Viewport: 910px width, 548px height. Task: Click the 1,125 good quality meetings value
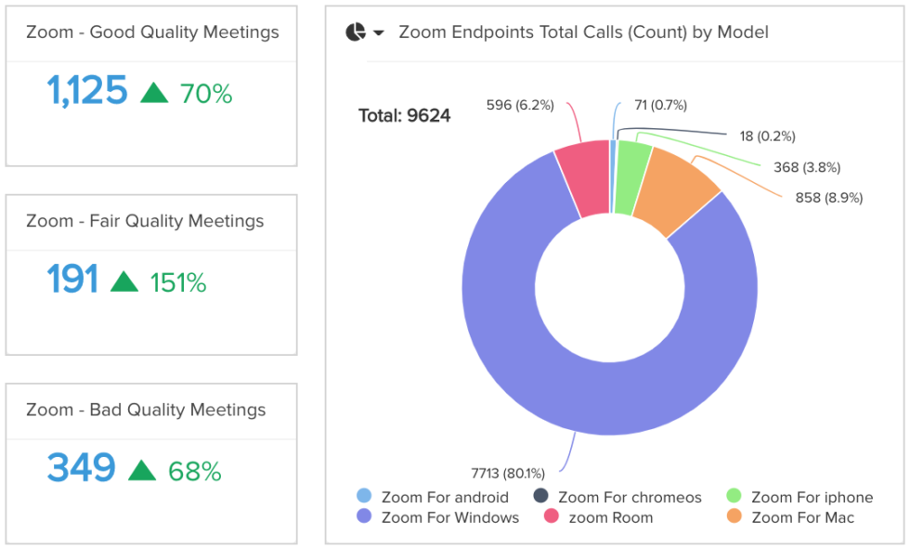pyautogui.click(x=86, y=91)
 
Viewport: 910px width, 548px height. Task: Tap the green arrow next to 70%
pyautogui.click(x=154, y=92)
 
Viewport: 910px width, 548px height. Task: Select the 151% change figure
pyautogui.click(x=177, y=281)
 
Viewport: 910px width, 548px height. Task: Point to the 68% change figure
pyautogui.click(x=195, y=471)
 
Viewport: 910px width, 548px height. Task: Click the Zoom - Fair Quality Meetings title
pyautogui.click(x=145, y=221)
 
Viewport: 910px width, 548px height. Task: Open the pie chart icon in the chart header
pyautogui.click(x=355, y=33)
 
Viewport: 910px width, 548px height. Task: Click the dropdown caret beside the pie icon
pyautogui.click(x=379, y=33)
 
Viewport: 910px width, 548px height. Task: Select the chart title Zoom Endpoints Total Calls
pyautogui.click(x=583, y=33)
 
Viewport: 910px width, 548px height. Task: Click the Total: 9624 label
pyautogui.click(x=405, y=116)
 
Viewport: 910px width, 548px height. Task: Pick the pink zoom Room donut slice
pyautogui.click(x=583, y=180)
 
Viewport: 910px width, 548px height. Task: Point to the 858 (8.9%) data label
pyautogui.click(x=829, y=198)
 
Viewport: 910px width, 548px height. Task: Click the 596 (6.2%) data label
pyautogui.click(x=520, y=105)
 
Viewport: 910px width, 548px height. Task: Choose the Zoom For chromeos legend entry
pyautogui.click(x=619, y=497)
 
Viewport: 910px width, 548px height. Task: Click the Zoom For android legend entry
pyautogui.click(x=434, y=497)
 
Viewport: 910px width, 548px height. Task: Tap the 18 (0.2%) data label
pyautogui.click(x=767, y=137)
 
